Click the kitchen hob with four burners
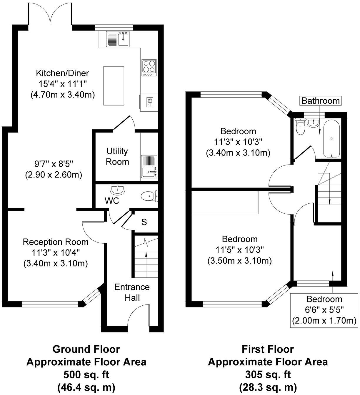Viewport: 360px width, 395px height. click(149, 67)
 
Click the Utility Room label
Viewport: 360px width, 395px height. click(117, 156)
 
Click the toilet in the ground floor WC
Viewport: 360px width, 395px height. click(149, 196)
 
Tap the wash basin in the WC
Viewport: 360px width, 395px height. click(118, 189)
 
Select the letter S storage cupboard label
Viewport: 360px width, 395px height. click(144, 222)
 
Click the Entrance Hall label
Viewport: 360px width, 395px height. click(132, 292)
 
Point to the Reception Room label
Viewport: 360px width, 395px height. click(56, 242)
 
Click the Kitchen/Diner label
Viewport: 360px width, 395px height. click(62, 73)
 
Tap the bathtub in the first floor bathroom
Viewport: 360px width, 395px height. click(331, 138)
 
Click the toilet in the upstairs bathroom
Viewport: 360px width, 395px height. click(300, 128)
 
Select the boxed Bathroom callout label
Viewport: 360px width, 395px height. click(321, 101)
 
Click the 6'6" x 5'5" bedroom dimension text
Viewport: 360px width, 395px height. click(324, 310)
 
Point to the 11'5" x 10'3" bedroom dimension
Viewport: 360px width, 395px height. click(240, 250)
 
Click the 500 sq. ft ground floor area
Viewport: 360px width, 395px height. click(86, 375)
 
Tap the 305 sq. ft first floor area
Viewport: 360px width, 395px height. click(268, 375)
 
